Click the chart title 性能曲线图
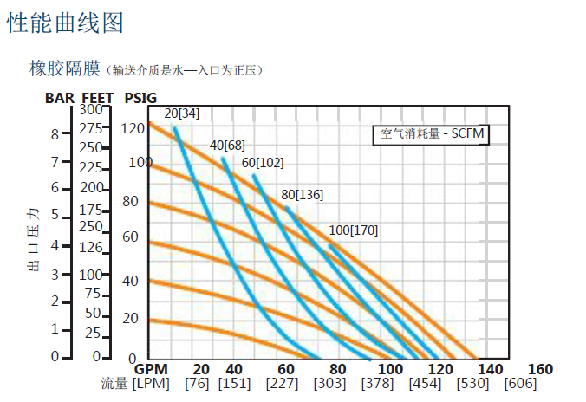point(65,23)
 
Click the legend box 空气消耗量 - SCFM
point(433,134)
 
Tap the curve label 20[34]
point(181,113)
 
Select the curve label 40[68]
point(227,145)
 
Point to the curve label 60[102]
point(263,162)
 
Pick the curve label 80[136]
point(303,194)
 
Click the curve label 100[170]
point(354,230)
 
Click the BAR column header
point(60,98)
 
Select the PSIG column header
point(140,98)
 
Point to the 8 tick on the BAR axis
point(55,134)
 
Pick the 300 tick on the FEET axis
point(91,109)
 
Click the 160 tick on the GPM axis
point(539,369)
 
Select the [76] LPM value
point(197,384)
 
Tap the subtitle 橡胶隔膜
point(66,68)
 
